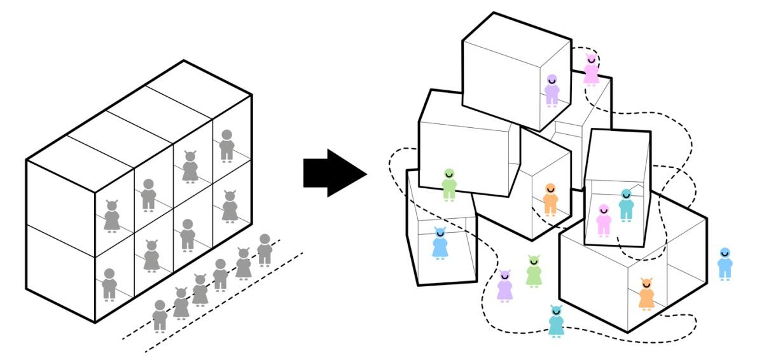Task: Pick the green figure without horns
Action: point(449,185)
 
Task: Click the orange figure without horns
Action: point(550,200)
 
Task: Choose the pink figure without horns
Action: point(603,220)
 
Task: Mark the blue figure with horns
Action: point(440,244)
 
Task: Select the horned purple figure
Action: point(504,286)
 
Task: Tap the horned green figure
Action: point(534,272)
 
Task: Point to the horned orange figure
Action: point(646,294)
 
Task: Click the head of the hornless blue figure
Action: point(725,253)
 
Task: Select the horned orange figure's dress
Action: point(646,298)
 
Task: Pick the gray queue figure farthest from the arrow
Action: point(160,315)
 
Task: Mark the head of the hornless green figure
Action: point(449,174)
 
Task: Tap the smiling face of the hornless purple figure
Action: point(552,80)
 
